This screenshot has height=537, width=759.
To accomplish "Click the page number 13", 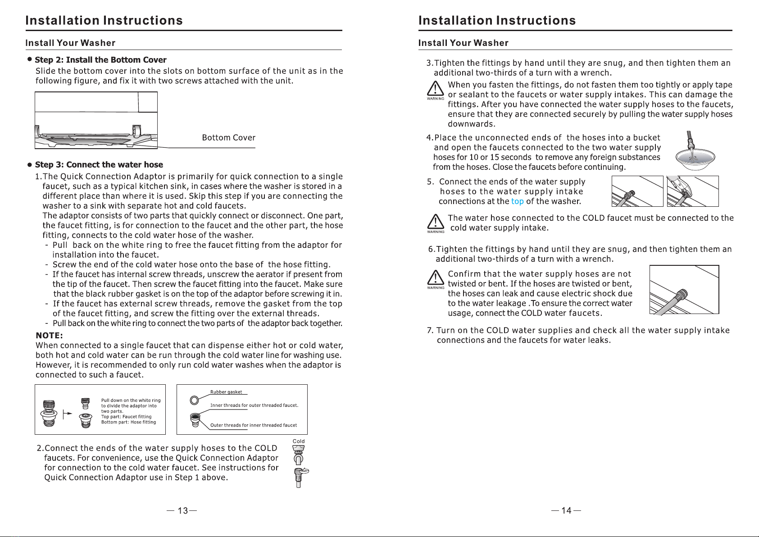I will click(182, 510).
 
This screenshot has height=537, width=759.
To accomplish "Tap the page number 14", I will click(566, 510).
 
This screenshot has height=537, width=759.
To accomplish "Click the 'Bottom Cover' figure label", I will click(228, 138).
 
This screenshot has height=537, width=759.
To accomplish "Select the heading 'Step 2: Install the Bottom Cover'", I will click(100, 60).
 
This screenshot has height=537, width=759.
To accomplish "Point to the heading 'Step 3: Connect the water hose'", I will click(99, 165).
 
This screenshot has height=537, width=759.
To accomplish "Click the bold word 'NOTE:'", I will click(49, 336).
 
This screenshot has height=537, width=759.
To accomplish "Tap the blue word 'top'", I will click(517, 201).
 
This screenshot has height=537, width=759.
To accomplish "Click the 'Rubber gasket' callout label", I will click(226, 392).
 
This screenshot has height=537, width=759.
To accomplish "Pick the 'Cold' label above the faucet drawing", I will click(299, 441).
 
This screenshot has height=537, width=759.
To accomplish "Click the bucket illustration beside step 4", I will click(695, 156).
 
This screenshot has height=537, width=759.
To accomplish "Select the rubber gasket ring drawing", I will click(195, 400).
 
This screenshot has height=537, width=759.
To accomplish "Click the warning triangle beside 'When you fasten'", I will click(435, 89).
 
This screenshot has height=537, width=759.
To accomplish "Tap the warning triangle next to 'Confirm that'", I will click(435, 278).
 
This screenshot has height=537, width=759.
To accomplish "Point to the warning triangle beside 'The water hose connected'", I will click(435, 222).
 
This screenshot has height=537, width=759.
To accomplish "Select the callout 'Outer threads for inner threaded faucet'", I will click(254, 425).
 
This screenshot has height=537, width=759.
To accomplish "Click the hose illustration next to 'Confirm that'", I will click(684, 290).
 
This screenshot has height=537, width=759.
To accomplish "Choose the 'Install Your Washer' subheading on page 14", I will click(463, 43).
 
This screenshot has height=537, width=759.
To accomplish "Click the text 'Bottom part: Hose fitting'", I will click(128, 422).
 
